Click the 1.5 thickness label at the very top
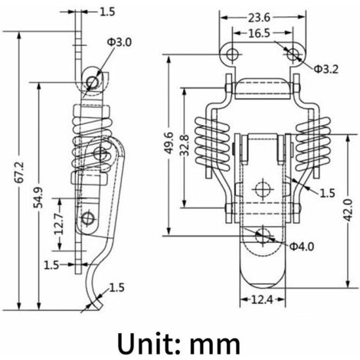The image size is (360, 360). click(x=107, y=11)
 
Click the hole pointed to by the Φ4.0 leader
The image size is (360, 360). click(x=263, y=234)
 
